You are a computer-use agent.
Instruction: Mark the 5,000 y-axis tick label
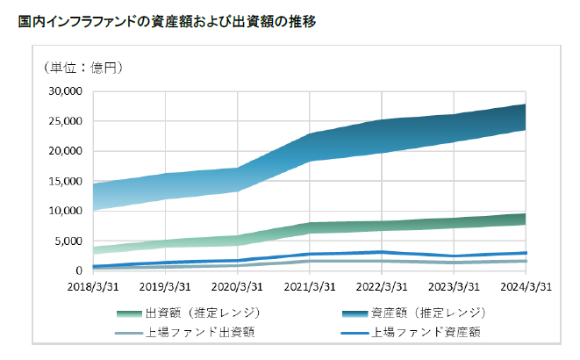(68, 241)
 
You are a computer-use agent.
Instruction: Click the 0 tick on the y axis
(78, 270)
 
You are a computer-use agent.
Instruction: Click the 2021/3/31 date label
(311, 286)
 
